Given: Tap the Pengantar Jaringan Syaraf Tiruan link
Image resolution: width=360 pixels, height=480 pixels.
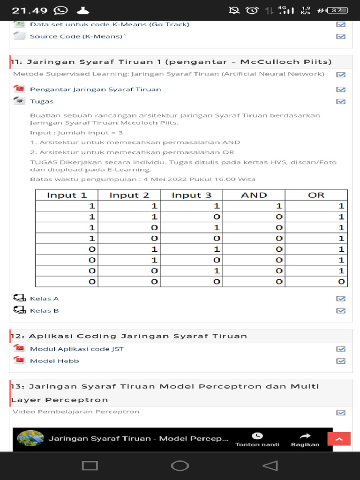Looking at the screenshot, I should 95,89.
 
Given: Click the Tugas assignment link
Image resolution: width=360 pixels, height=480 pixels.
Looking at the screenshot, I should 42,101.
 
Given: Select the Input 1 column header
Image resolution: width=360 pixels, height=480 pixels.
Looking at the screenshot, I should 67,195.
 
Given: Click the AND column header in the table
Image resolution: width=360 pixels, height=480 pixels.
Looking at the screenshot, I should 254,195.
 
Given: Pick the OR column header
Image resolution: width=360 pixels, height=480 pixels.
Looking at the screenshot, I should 316,195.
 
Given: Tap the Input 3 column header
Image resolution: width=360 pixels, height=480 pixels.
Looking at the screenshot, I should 191,195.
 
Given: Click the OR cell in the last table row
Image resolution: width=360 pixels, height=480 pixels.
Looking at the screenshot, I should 316,282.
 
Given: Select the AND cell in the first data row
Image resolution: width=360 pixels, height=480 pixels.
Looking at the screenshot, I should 254,206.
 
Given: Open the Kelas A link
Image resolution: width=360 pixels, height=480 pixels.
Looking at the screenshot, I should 44,299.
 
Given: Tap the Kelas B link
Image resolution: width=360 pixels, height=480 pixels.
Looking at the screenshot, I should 44,310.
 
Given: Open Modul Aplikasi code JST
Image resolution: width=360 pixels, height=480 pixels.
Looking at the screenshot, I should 76,349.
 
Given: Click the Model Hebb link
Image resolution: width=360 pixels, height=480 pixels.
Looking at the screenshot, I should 54,361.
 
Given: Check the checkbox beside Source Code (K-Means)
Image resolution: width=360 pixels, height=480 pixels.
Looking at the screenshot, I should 341,37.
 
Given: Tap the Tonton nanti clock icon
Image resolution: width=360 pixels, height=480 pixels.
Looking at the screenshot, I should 257,436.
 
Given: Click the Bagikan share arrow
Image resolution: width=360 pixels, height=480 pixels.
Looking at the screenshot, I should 305,436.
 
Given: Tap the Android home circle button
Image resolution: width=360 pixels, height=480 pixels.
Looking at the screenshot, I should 180,465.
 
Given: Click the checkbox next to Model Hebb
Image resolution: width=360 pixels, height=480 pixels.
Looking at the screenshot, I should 341,361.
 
